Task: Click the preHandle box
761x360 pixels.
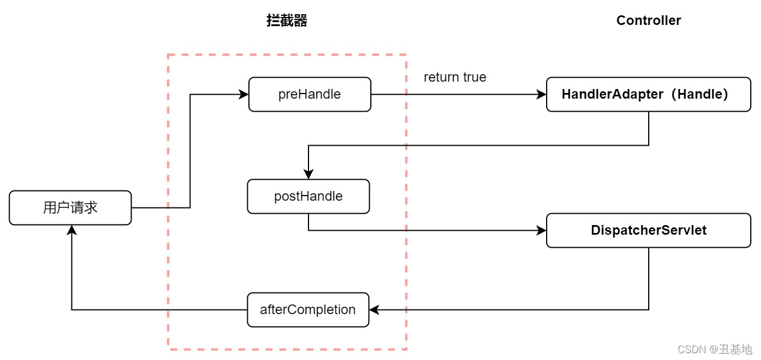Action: pyautogui.click(x=310, y=95)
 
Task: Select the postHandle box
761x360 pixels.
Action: pyautogui.click(x=308, y=196)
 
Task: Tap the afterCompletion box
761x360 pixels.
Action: pyautogui.click(x=308, y=310)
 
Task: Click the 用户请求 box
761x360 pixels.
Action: pyautogui.click(x=70, y=207)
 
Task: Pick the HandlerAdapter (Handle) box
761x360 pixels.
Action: pyautogui.click(x=648, y=95)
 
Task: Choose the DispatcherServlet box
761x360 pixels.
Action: pyautogui.click(x=648, y=230)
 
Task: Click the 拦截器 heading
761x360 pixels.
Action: pyautogui.click(x=287, y=21)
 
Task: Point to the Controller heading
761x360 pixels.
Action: pyautogui.click(x=648, y=21)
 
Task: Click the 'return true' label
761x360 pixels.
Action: pyautogui.click(x=455, y=77)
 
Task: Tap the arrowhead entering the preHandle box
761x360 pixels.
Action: pyautogui.click(x=244, y=95)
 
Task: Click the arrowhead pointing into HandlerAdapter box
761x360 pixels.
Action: pyautogui.click(x=542, y=95)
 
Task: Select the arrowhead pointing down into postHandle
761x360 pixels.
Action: pyautogui.click(x=308, y=175)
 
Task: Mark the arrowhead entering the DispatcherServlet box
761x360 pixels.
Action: pyautogui.click(x=542, y=230)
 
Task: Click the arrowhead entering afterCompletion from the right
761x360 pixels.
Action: pyautogui.click(x=374, y=310)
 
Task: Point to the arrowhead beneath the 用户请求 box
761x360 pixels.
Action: pyautogui.click(x=71, y=230)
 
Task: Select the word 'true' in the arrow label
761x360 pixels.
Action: pyautogui.click(x=474, y=77)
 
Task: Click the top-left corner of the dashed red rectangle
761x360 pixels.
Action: pyautogui.click(x=168, y=55)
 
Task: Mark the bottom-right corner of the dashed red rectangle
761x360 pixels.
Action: pyautogui.click(x=406, y=348)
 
